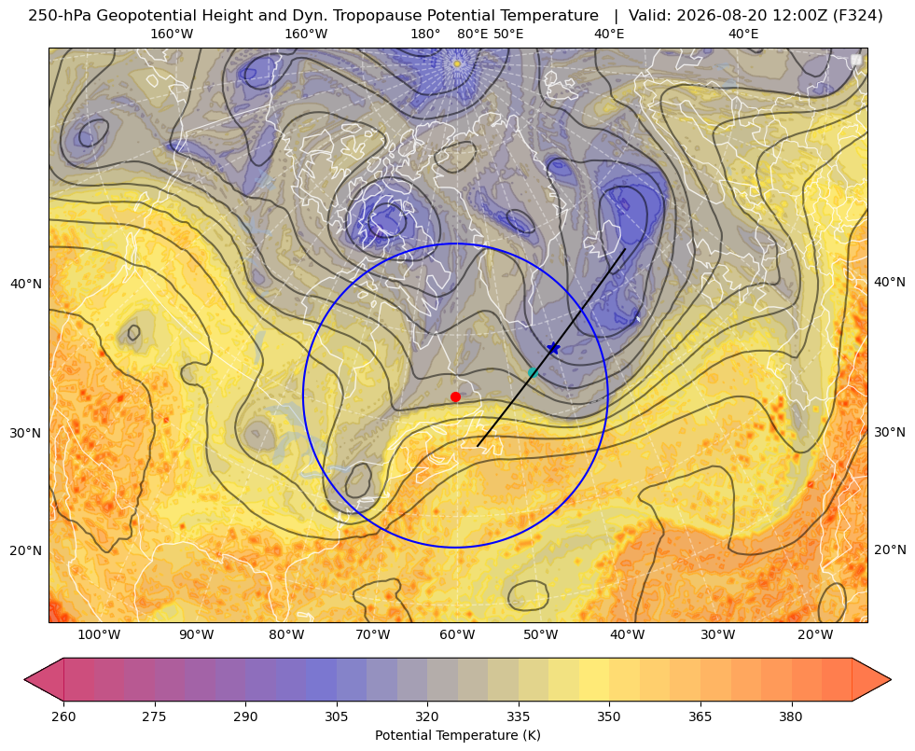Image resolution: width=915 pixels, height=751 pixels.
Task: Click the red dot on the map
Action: (456, 396)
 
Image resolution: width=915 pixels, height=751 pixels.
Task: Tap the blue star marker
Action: (553, 348)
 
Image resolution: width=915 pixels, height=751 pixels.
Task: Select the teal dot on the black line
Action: (533, 372)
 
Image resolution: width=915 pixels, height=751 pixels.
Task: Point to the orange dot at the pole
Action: (457, 63)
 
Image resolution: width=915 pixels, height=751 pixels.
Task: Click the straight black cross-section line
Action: (551, 348)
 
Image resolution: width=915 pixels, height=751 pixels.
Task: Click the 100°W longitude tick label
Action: (99, 635)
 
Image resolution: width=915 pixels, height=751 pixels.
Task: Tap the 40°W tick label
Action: (628, 635)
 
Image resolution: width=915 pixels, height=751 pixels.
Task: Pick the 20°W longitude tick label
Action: (815, 635)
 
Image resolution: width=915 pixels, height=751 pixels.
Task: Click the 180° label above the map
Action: (425, 34)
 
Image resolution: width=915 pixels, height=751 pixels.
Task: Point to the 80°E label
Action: (472, 34)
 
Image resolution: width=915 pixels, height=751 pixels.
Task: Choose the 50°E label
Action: (508, 34)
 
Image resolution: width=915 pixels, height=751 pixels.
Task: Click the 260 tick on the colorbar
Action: (63, 717)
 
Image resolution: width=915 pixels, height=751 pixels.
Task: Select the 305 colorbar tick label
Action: (336, 717)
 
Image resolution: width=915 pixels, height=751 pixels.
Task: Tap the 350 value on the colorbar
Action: (609, 717)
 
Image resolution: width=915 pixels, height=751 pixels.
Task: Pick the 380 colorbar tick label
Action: (791, 717)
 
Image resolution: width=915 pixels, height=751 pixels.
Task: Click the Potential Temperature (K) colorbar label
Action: (457, 735)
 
